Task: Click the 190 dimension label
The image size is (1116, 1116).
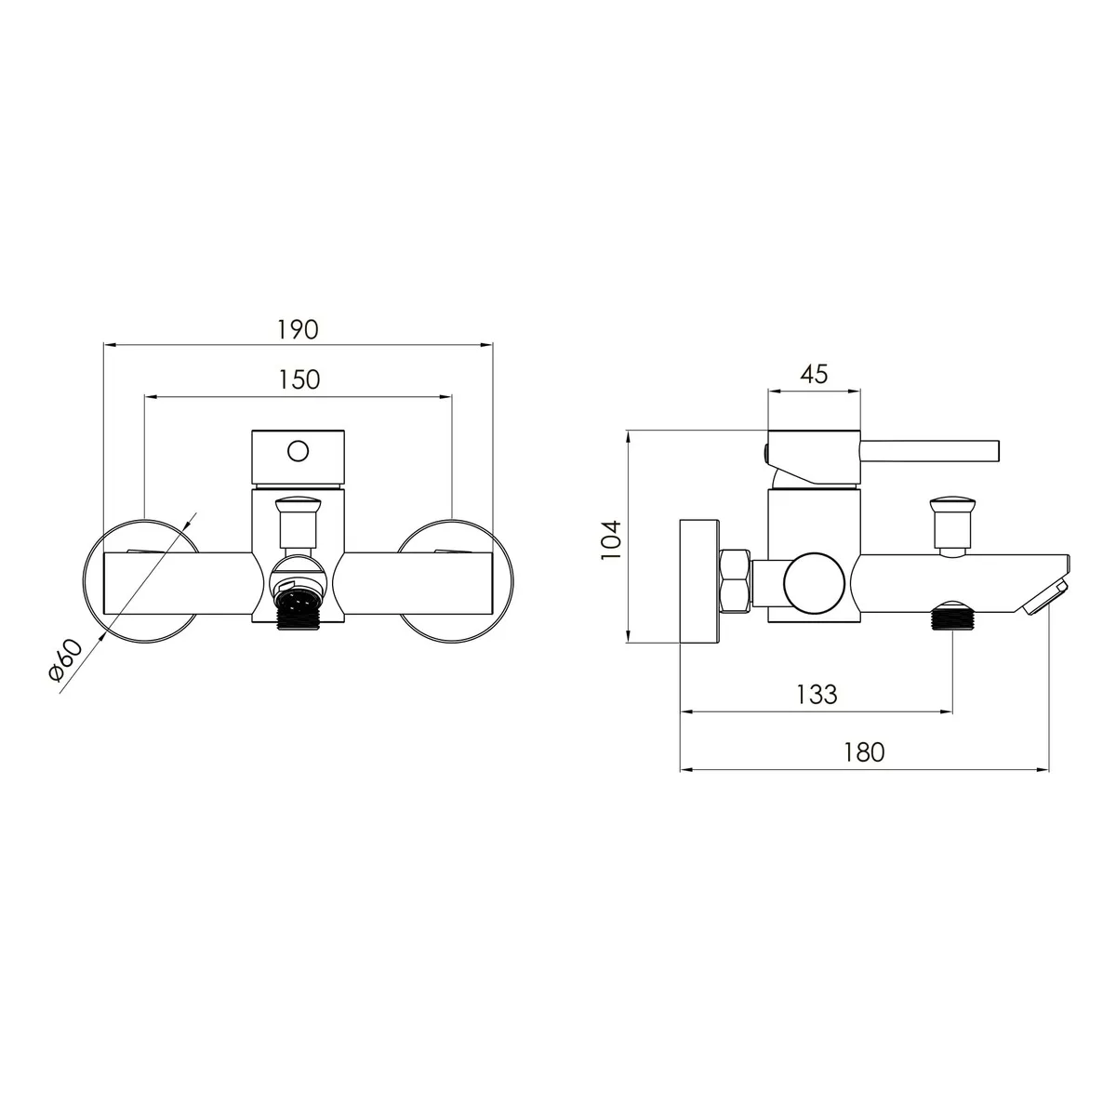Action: [298, 329]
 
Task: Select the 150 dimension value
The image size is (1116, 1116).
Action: [299, 380]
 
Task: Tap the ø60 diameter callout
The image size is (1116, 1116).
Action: [65, 659]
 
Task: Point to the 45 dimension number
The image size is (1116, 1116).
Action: [814, 375]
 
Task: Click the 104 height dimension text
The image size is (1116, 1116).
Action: [611, 539]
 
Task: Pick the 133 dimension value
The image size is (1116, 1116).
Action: [817, 695]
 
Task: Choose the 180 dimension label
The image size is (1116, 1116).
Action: [863, 752]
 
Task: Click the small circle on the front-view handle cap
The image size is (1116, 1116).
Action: [299, 451]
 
